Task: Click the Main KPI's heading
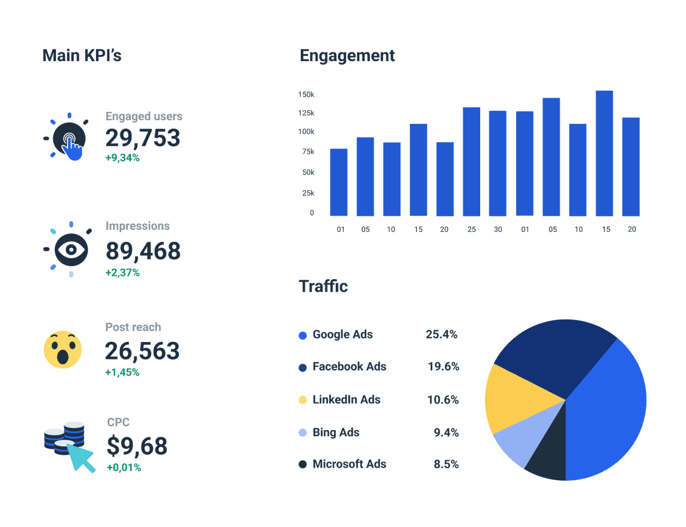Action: (x=82, y=55)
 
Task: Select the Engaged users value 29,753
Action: (x=142, y=138)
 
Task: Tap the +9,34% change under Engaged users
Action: (x=122, y=158)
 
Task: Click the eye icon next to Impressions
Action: (x=71, y=250)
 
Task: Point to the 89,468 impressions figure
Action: (x=143, y=251)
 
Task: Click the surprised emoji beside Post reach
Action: (x=63, y=348)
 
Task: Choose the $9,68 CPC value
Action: (x=137, y=446)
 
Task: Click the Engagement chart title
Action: (x=347, y=55)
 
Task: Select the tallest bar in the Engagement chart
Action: (x=604, y=153)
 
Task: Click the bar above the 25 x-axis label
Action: (x=471, y=162)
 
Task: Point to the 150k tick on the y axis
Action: (x=306, y=94)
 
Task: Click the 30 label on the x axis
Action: (x=498, y=230)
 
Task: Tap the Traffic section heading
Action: (x=323, y=286)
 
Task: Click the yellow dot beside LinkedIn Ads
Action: (x=303, y=400)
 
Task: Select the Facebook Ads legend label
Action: (x=349, y=367)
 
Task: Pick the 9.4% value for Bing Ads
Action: (x=446, y=432)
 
